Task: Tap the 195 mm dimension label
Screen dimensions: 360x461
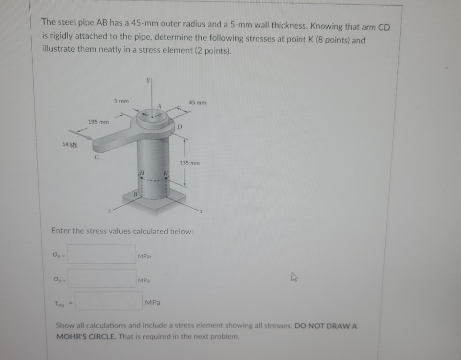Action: click(x=98, y=123)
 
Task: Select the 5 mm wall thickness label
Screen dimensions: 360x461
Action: click(x=121, y=101)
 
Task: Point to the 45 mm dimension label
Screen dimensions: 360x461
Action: click(x=197, y=102)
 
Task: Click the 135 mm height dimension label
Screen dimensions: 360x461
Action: click(x=190, y=163)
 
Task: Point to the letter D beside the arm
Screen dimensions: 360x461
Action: click(x=180, y=127)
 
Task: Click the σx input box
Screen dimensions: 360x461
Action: click(x=102, y=254)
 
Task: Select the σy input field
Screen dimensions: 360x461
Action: click(x=102, y=279)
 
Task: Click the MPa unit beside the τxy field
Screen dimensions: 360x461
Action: click(x=153, y=303)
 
